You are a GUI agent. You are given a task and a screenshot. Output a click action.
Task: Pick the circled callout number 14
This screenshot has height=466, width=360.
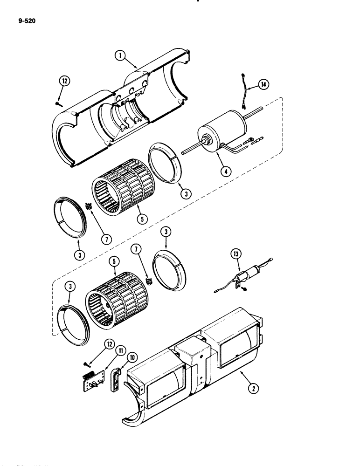264,84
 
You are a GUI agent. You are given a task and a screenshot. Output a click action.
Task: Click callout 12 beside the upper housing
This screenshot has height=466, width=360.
62,82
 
